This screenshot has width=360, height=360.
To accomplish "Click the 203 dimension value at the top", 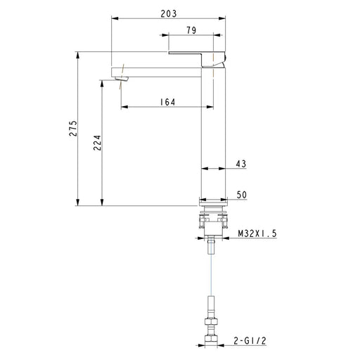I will pos(167,13).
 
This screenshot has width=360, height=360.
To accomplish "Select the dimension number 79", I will pos(191,30).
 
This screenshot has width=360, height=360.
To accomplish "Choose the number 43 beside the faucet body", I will pos(241,164).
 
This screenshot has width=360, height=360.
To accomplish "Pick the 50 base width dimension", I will pos(241,194).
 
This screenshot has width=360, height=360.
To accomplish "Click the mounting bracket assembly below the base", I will pos(213,221).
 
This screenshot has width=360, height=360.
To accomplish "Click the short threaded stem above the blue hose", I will pos(212,247).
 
